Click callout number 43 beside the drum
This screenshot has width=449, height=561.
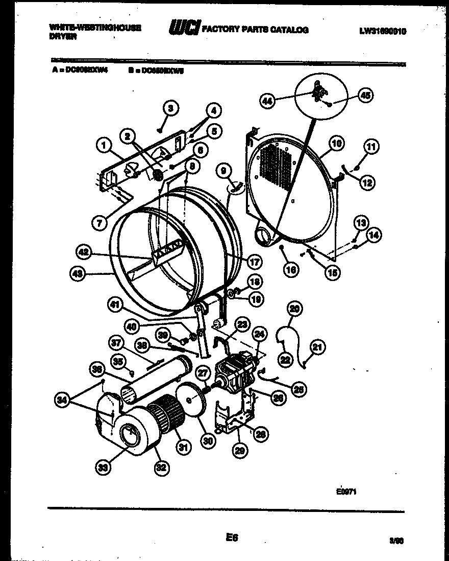(78, 273)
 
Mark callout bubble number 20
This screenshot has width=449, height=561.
(295, 308)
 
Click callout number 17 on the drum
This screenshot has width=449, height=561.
(254, 261)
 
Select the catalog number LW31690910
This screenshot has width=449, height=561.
(382, 31)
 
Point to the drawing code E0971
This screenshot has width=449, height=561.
(345, 493)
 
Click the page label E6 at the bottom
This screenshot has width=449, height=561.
(231, 537)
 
